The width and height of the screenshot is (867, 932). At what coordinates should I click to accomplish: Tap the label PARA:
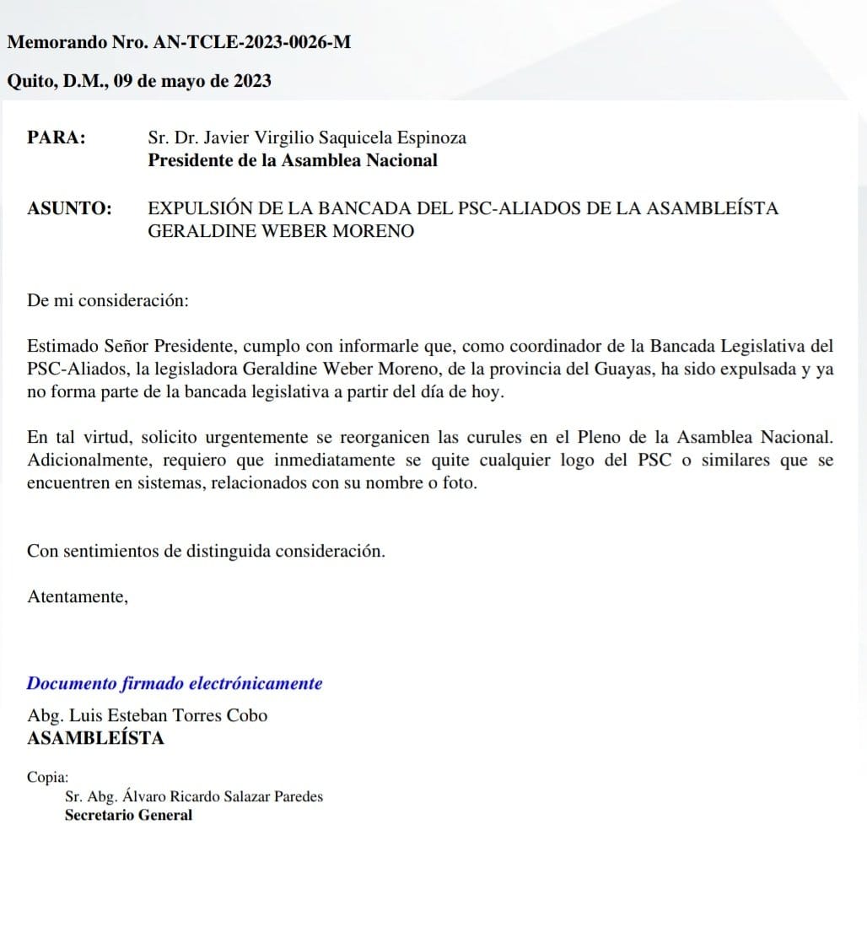57,137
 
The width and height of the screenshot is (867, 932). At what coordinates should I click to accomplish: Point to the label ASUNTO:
69,208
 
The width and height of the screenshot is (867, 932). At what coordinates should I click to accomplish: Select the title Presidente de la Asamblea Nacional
293,160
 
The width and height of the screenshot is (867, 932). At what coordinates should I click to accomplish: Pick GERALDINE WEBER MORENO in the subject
281,231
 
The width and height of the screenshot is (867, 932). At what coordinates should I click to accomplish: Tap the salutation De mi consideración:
108,299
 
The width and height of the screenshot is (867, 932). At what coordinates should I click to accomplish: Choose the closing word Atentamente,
78,596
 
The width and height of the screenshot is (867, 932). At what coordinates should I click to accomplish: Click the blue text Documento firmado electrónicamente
175,683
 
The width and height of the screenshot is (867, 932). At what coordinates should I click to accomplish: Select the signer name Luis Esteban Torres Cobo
176,715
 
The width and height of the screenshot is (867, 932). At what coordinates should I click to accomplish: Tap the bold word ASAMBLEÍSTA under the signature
96,738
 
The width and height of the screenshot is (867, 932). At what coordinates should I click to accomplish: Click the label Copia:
48,778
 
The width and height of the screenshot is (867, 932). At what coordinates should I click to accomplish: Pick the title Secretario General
128,815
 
